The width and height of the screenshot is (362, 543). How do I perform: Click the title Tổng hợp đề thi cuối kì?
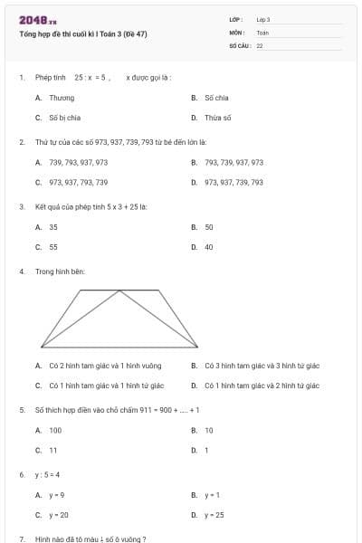pos(82,34)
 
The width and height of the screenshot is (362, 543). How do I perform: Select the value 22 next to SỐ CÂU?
pos(260,45)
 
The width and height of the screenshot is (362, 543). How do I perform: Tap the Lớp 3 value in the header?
pos(263,19)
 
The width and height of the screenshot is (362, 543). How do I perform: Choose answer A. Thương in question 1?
pos(56,97)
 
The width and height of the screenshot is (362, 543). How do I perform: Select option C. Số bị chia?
pos(60,118)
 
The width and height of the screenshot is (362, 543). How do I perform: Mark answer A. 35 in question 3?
pos(48,227)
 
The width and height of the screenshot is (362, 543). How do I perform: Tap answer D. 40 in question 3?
pos(204,246)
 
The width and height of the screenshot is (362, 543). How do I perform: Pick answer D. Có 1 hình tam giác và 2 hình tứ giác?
pos(256,386)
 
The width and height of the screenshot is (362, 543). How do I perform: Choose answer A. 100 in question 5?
pos(50,430)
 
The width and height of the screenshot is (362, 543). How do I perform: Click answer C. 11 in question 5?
pos(48,450)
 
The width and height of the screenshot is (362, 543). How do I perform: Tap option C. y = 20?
pos(52,515)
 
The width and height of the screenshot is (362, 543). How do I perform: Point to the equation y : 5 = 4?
pos(47,474)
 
